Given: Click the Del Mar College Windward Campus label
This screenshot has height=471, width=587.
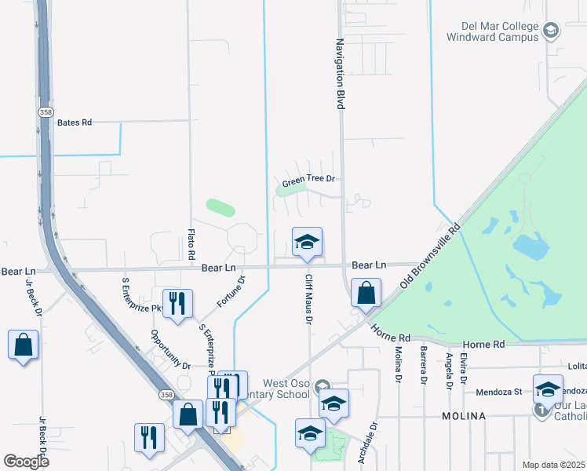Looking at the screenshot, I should tap(492, 30).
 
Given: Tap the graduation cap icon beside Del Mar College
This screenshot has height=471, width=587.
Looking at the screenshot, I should tap(550, 31).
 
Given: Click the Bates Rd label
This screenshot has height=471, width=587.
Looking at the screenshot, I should tap(75, 122).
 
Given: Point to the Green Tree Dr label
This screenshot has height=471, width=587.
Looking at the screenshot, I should tap(308, 181).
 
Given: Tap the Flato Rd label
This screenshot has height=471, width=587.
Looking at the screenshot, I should tap(191, 244).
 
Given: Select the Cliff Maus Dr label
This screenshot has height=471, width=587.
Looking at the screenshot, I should tap(309, 299).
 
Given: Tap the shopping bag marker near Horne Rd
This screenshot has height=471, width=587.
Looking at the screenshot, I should tap(366, 295).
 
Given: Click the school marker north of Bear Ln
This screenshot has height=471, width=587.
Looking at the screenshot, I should tap(307, 243).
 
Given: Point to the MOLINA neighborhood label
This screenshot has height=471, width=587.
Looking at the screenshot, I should tap(464, 414).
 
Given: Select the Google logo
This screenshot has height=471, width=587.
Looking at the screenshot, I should tap(26, 461).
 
